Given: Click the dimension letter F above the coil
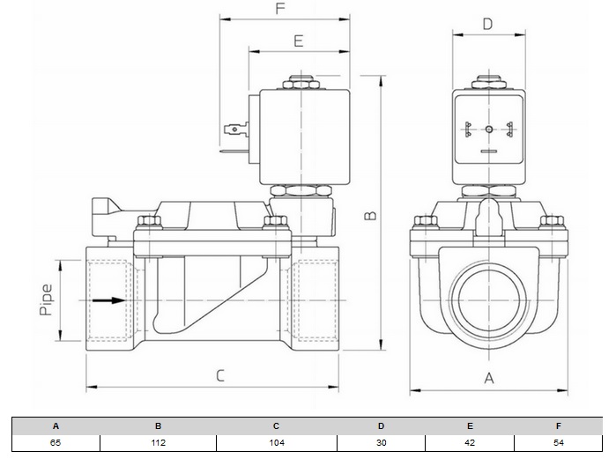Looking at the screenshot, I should [280, 10].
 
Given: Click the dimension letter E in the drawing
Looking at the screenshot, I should [298, 41].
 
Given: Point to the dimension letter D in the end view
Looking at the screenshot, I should [487, 24].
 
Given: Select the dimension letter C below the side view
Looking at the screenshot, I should [220, 375].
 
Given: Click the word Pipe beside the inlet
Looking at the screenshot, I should [47, 300].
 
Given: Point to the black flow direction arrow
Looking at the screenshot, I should [108, 300].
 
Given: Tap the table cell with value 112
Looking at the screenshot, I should [159, 442].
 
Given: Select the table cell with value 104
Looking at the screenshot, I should [276, 442].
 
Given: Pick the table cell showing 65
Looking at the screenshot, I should [56, 442].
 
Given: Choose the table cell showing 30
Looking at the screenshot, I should [381, 442].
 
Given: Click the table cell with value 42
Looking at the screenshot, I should [470, 442].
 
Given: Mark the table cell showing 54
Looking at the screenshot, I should [558, 442].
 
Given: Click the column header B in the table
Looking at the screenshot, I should [159, 425].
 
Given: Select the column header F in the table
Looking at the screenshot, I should [558, 425].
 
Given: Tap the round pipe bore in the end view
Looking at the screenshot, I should [487, 300].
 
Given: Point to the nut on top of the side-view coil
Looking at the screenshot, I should [301, 85].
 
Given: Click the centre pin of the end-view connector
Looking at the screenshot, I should [488, 129].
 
